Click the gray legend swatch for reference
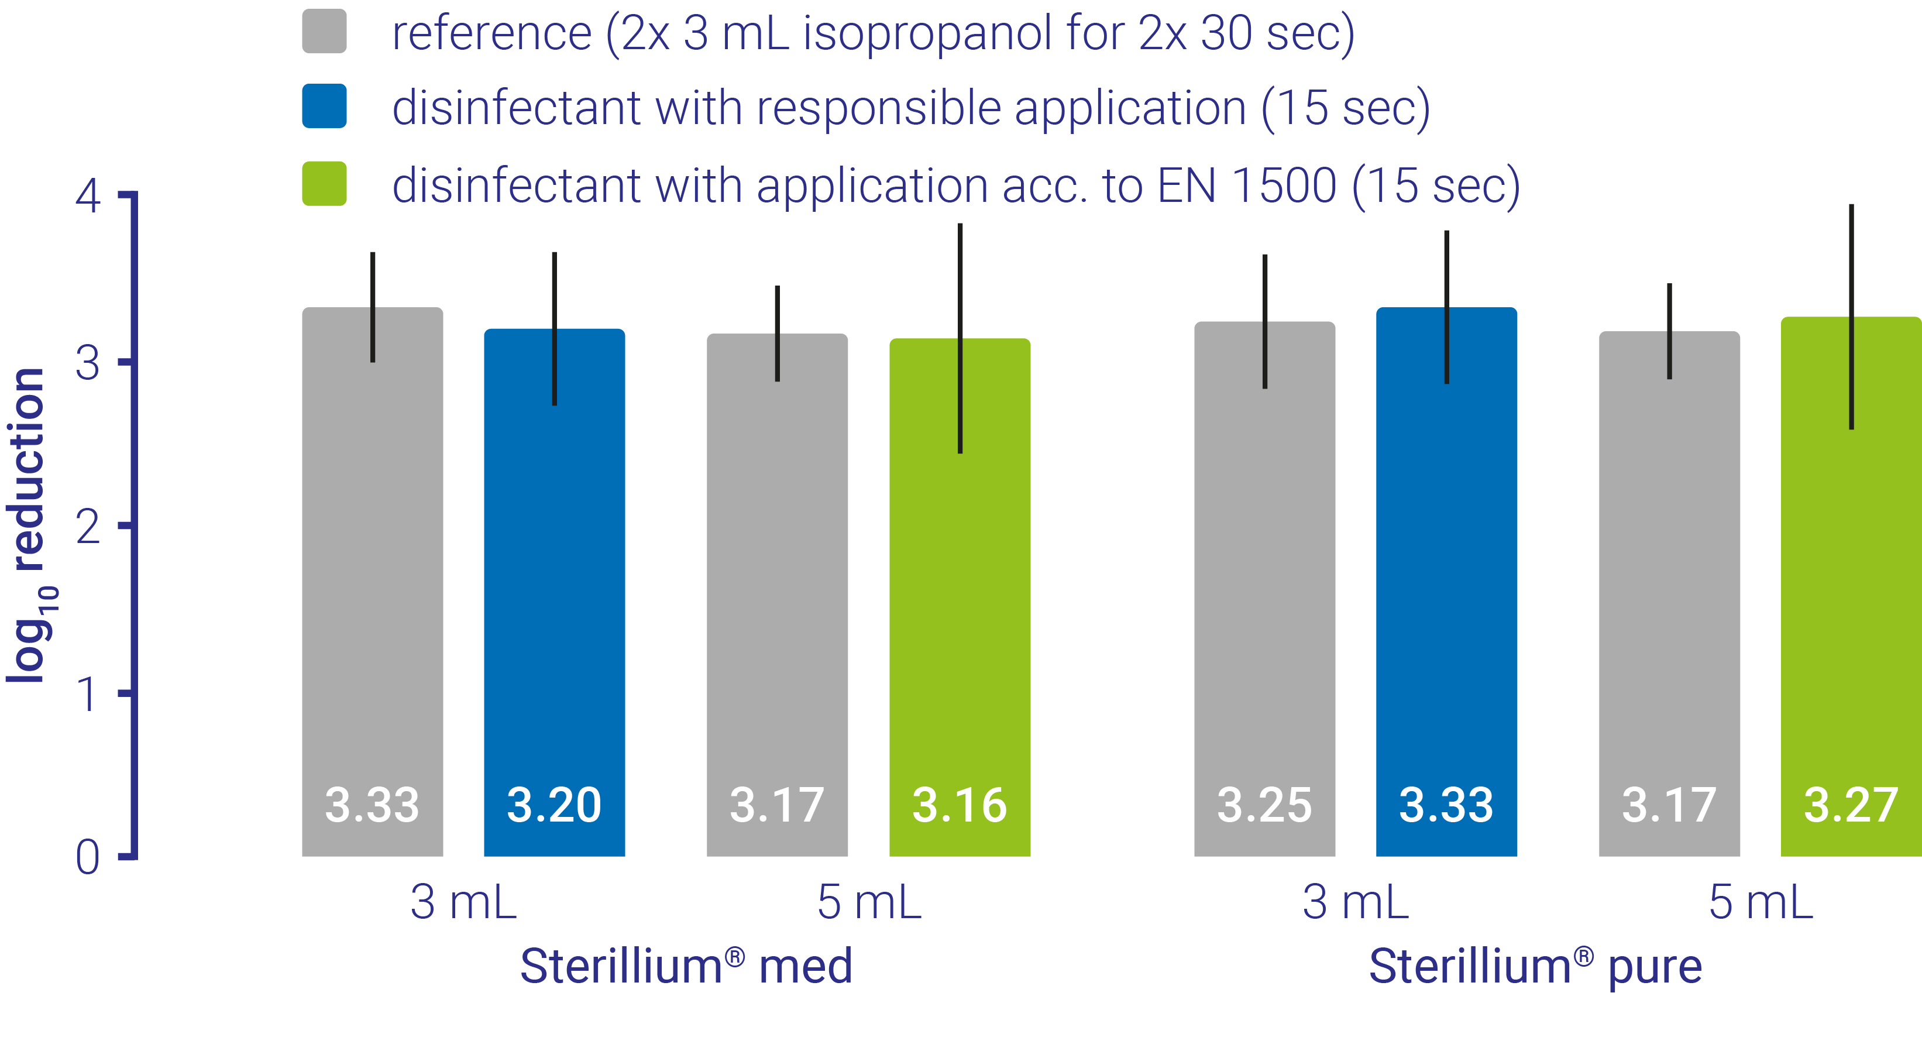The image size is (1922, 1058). [x=324, y=32]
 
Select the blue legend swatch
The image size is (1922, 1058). [x=324, y=106]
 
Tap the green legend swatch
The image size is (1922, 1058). [x=324, y=184]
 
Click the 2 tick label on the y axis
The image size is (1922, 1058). [x=88, y=527]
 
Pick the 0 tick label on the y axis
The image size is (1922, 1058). [x=88, y=857]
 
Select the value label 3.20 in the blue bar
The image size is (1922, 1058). [x=553, y=805]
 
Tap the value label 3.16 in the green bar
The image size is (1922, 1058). [x=960, y=805]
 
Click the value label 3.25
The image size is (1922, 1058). [x=1264, y=805]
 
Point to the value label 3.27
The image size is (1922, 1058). [x=1851, y=805]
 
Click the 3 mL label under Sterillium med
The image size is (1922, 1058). [x=463, y=902]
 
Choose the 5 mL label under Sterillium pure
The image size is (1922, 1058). [x=1761, y=902]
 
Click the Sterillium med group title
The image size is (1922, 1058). [x=686, y=966]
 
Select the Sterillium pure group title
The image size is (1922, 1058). [x=1535, y=966]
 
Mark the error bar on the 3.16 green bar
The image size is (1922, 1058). [x=960, y=338]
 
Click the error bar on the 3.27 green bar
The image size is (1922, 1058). [x=1851, y=317]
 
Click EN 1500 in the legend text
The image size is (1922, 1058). [x=1246, y=185]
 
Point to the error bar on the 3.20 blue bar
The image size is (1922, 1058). [x=554, y=328]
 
